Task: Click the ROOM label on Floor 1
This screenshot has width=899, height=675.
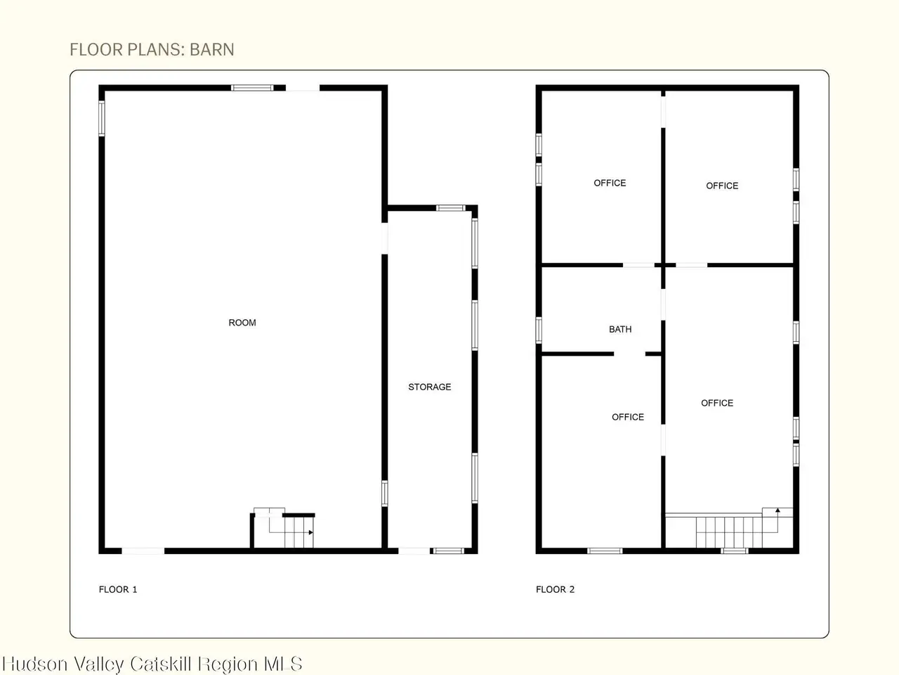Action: pyautogui.click(x=242, y=323)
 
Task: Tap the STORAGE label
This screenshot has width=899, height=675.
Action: pyautogui.click(x=430, y=387)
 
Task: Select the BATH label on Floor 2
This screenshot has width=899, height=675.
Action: pyautogui.click(x=620, y=329)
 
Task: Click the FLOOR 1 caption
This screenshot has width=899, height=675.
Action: pyautogui.click(x=118, y=589)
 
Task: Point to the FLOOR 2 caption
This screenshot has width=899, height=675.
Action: pyautogui.click(x=556, y=589)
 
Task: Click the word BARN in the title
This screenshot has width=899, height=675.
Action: pyautogui.click(x=211, y=50)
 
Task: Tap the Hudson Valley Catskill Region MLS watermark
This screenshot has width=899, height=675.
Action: pyautogui.click(x=152, y=664)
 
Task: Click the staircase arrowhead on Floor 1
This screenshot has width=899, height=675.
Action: pyautogui.click(x=311, y=532)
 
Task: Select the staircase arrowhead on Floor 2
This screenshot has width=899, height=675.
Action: pyautogui.click(x=777, y=510)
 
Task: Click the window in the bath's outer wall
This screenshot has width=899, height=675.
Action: pyautogui.click(x=539, y=330)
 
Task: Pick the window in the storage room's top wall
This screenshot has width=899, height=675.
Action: pyautogui.click(x=450, y=208)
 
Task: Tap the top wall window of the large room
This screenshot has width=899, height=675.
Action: pyautogui.click(x=252, y=88)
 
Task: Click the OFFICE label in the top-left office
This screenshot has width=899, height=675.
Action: pyautogui.click(x=610, y=183)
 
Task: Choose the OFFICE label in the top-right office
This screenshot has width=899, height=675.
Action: pyautogui.click(x=722, y=186)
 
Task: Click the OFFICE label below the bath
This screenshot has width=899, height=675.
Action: pyautogui.click(x=628, y=417)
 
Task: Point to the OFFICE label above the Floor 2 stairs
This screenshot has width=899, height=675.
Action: pyautogui.click(x=717, y=403)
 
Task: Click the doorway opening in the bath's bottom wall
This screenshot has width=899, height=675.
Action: pyautogui.click(x=629, y=354)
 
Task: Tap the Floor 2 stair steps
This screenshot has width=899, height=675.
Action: pyautogui.click(x=729, y=532)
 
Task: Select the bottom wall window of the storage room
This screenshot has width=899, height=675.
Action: pyautogui.click(x=449, y=551)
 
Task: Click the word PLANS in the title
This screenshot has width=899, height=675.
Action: pyautogui.click(x=154, y=50)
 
